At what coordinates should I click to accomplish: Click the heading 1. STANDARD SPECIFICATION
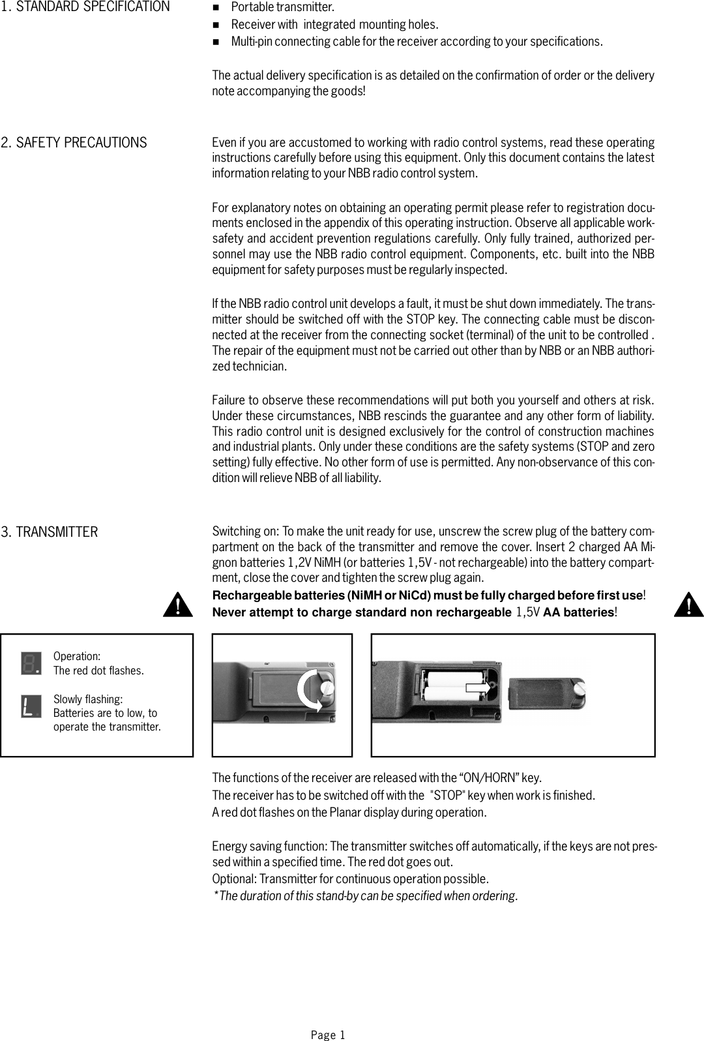(x=85, y=8)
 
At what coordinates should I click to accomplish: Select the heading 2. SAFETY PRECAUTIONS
(x=74, y=143)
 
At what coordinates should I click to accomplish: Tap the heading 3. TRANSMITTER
(x=50, y=532)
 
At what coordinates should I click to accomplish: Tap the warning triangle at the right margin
(x=688, y=606)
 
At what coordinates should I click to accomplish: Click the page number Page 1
(x=327, y=1034)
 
